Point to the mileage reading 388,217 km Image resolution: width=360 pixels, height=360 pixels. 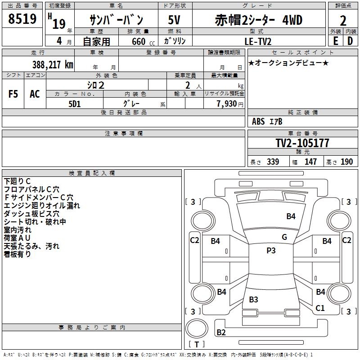tap(53, 64)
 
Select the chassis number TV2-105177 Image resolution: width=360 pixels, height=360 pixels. tap(302, 143)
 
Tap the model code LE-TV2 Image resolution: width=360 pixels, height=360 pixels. tap(258, 40)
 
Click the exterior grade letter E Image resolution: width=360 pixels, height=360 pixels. tap(335, 40)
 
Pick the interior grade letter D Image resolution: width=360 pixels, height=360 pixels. tap(350, 40)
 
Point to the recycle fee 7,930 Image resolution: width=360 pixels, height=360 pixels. tap(224, 104)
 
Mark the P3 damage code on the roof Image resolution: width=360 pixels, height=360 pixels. tap(271, 251)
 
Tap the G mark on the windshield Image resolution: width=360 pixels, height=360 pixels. tap(284, 237)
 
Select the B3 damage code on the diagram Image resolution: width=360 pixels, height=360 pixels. tap(253, 299)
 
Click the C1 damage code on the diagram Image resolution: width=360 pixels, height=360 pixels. tap(320, 308)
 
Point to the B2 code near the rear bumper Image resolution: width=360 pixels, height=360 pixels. tap(221, 333)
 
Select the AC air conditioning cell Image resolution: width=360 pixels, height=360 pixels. tap(35, 94)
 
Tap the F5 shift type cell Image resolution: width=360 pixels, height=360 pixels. tap(13, 94)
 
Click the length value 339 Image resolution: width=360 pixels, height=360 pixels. tap(273, 162)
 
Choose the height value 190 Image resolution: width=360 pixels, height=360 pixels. tap(347, 162)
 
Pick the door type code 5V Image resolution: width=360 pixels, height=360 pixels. tap(174, 20)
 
